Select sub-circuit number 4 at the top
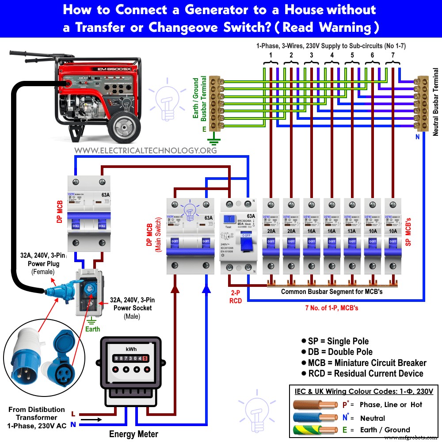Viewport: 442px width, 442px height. [x=331, y=55]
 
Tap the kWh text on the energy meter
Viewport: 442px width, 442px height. [x=131, y=349]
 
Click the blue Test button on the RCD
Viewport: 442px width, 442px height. [x=229, y=219]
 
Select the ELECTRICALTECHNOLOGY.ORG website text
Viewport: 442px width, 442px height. [x=145, y=150]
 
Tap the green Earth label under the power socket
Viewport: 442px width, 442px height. [x=92, y=329]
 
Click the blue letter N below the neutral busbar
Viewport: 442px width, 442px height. [x=417, y=137]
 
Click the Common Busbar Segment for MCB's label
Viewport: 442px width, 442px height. [x=332, y=292]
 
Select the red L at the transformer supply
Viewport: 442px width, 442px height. [x=73, y=414]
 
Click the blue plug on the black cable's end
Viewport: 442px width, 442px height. [x=55, y=289]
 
